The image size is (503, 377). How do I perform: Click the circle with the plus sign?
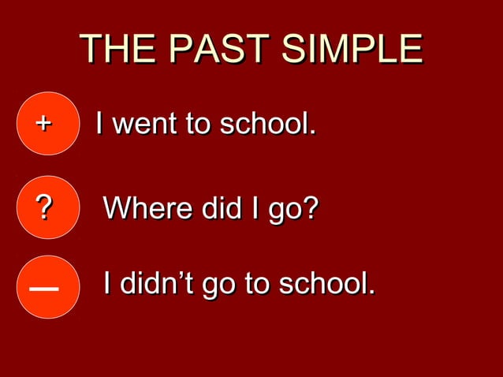[46, 124]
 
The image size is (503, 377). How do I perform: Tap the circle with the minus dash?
[46, 287]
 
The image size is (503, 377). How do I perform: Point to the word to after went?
[198, 125]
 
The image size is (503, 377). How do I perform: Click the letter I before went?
[99, 124]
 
